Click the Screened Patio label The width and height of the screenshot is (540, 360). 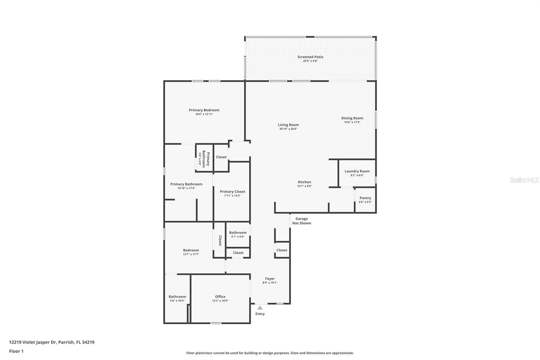point(310,57)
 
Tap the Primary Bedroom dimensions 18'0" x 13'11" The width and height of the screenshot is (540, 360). point(204,114)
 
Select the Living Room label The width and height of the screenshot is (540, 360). point(288,125)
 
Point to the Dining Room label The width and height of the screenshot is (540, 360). point(352,118)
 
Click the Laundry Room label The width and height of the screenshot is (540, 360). point(357,171)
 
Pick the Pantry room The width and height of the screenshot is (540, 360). point(365,200)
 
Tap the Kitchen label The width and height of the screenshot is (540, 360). point(304,182)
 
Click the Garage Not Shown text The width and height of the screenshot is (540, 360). point(301,221)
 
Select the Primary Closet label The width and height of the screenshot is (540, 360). point(232,191)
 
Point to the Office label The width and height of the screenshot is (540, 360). point(220,297)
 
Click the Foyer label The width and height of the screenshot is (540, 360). point(270,279)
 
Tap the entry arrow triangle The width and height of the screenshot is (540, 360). point(260,308)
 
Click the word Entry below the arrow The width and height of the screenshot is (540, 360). point(260,314)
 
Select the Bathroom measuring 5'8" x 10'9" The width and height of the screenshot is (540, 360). point(177,298)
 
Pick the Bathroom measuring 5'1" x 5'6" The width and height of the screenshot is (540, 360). point(238,234)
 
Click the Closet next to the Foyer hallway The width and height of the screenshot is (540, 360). point(282,250)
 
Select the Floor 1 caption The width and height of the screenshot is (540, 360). point(16,351)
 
